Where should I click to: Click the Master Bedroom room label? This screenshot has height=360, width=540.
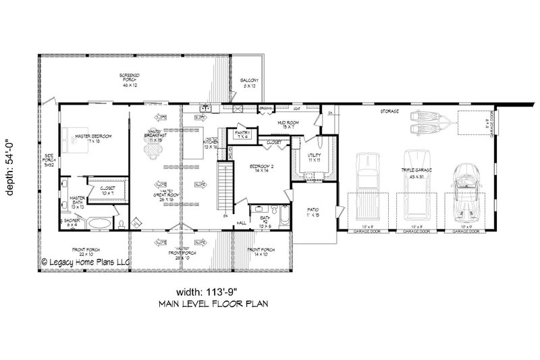click(94, 137)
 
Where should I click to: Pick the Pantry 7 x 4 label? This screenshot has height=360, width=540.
click(242, 135)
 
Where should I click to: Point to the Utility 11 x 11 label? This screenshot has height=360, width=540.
click(308, 158)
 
